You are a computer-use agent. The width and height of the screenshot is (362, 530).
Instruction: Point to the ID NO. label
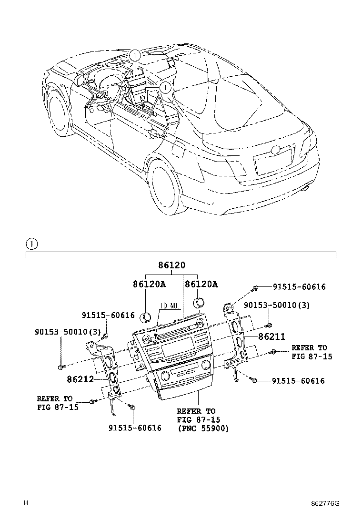point(169,306)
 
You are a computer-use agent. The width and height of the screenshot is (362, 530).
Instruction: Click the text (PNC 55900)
point(203,428)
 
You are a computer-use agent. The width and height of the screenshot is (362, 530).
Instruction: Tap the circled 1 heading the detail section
point(31,244)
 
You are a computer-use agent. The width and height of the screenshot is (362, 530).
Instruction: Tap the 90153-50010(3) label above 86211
point(277,305)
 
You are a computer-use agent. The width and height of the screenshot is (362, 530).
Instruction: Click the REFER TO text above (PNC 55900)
point(196,411)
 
